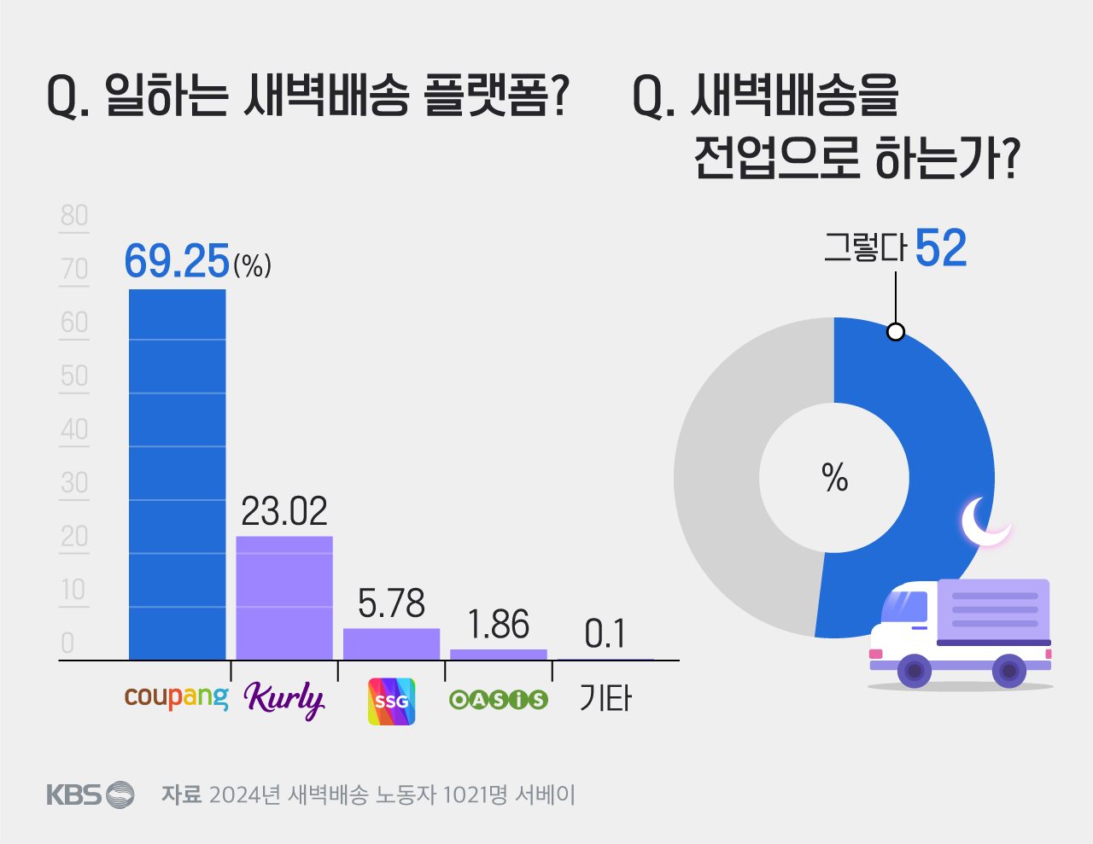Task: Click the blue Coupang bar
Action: pyautogui.click(x=177, y=474)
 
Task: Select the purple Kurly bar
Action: pyautogui.click(x=284, y=597)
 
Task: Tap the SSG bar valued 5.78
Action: pyautogui.click(x=391, y=643)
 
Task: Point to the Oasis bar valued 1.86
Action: pyautogui.click(x=499, y=655)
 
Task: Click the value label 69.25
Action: pyautogui.click(x=178, y=261)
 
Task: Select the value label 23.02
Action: pyautogui.click(x=284, y=511)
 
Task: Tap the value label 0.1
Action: pyautogui.click(x=605, y=634)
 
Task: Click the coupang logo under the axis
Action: pyautogui.click(x=177, y=697)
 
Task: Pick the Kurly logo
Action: pyautogui.click(x=284, y=700)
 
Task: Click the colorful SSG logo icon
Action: pyautogui.click(x=391, y=701)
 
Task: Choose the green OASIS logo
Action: pyautogui.click(x=499, y=700)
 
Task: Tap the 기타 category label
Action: pyautogui.click(x=605, y=699)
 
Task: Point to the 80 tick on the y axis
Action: pyautogui.click(x=74, y=216)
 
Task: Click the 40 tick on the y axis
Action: pyautogui.click(x=74, y=429)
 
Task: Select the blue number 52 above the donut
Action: pyautogui.click(x=940, y=249)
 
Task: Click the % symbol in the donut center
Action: pyautogui.click(x=834, y=478)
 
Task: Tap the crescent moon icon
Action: pyautogui.click(x=984, y=521)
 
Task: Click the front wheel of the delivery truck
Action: pyautogui.click(x=915, y=671)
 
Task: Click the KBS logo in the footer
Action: pyautogui.click(x=90, y=795)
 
